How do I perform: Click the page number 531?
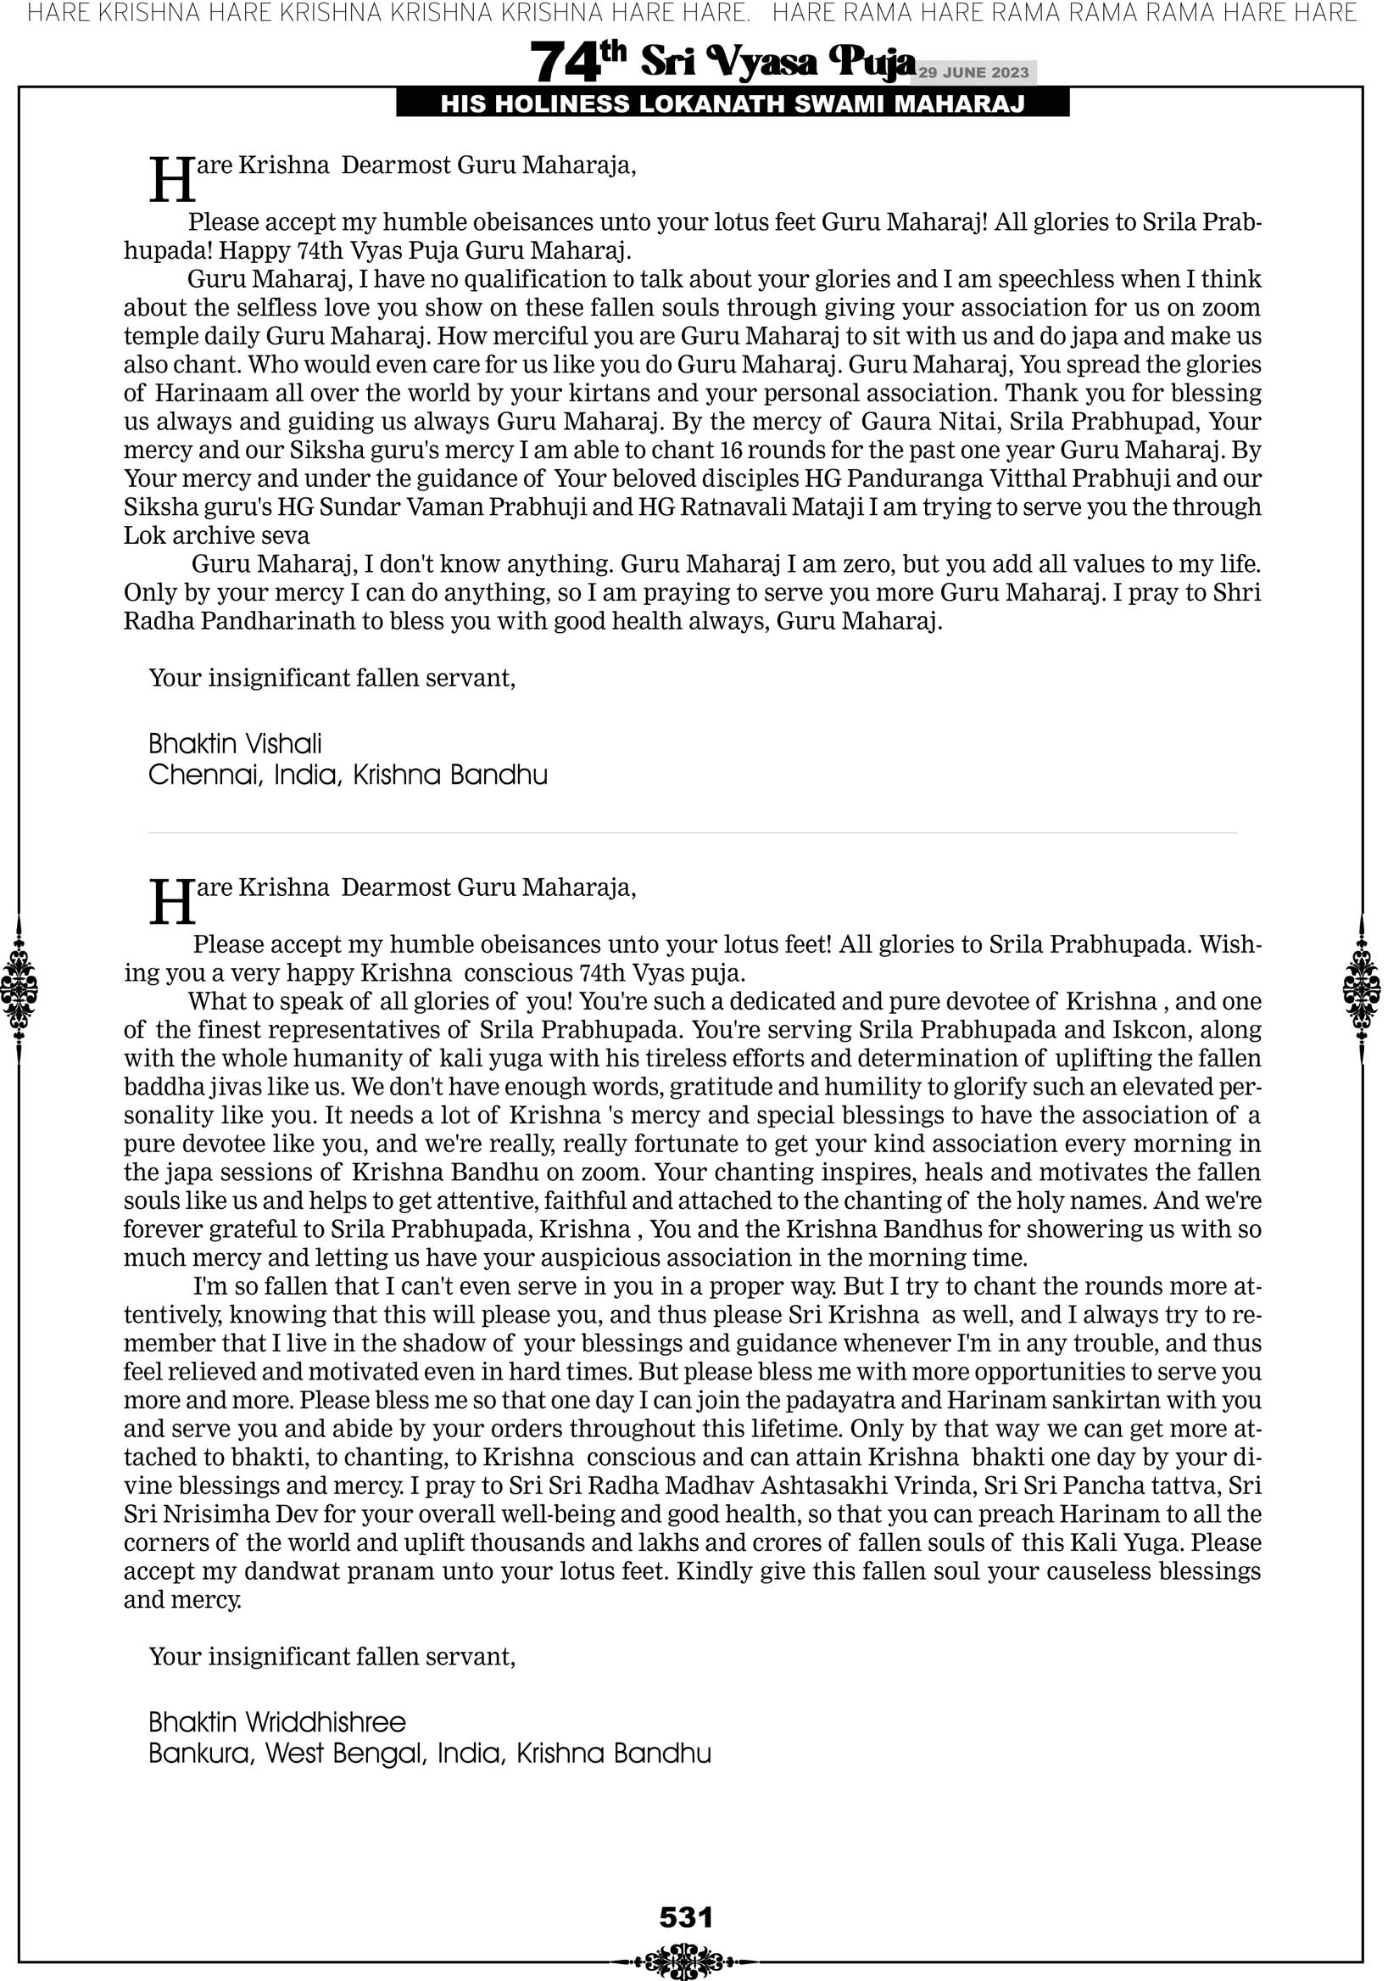pos(686,1917)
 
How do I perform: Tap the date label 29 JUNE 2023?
pos(973,72)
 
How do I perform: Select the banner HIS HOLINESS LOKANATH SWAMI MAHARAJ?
pos(733,104)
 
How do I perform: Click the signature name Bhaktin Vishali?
pos(235,744)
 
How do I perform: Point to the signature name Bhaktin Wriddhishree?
pos(277,1722)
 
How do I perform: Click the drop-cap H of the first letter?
pos(171,181)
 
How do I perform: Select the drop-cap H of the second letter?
pos(171,903)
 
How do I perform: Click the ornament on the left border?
pos(19,988)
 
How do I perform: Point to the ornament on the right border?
pos(1362,988)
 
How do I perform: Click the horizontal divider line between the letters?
pos(693,832)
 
